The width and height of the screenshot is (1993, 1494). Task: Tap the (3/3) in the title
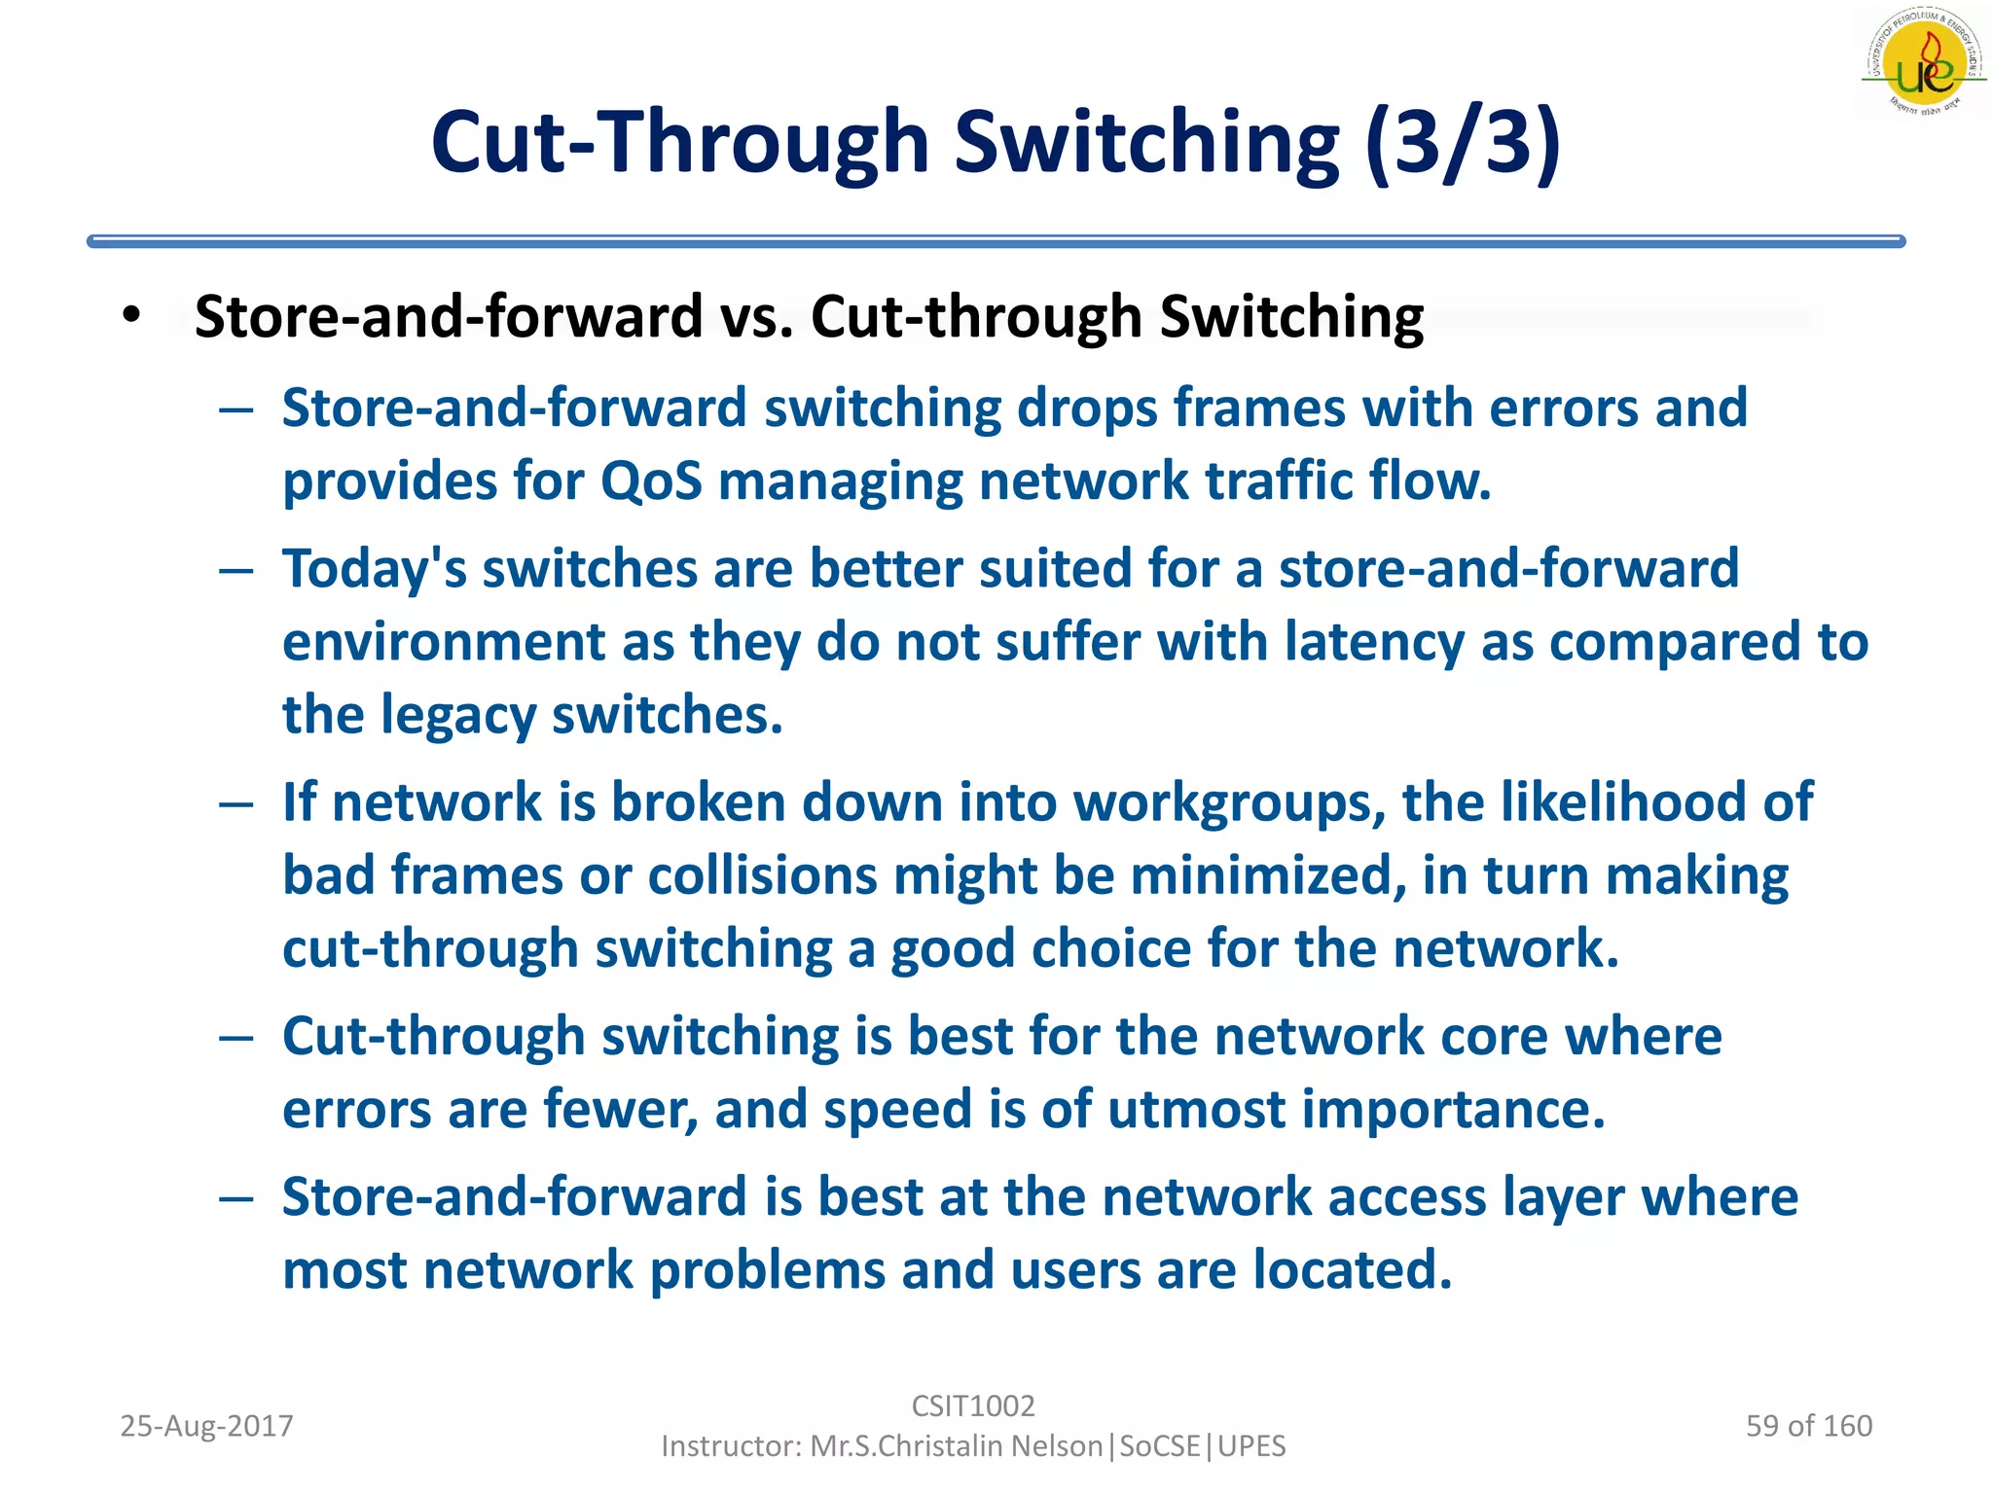(1463, 144)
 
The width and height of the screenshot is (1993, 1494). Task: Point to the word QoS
(651, 481)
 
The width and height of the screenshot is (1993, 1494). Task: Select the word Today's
(374, 570)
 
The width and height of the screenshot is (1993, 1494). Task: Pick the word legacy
(457, 717)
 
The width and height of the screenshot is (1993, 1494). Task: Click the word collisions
(762, 876)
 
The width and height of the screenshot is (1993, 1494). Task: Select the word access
(1407, 1197)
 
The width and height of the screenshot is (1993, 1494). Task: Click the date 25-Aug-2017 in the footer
(206, 1426)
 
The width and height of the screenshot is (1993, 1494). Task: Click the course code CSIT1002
(973, 1405)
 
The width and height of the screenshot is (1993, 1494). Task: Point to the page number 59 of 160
(1809, 1426)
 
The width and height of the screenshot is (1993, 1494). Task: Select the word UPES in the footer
(1251, 1446)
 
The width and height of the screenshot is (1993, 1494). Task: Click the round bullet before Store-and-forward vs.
(132, 315)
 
